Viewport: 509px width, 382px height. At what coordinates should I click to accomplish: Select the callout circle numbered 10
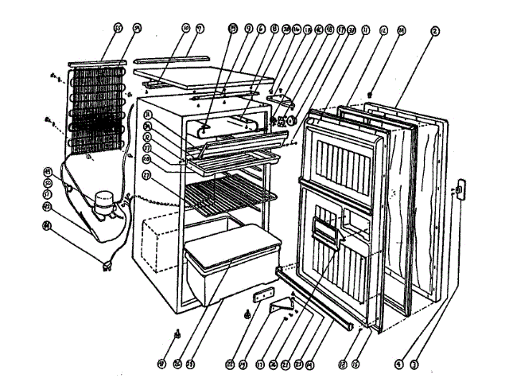185,28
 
